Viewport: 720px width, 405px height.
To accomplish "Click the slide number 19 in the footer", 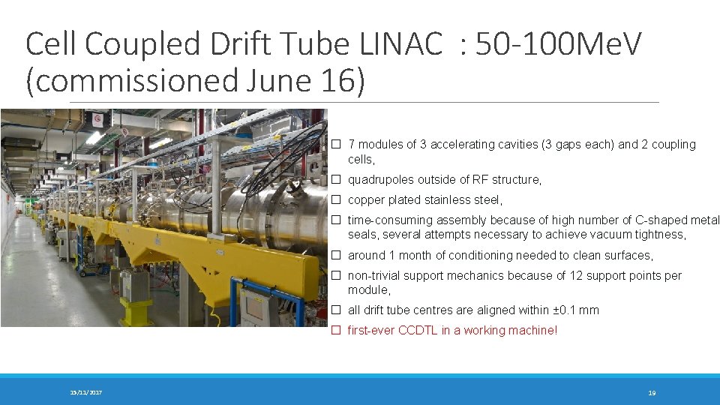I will pyautogui.click(x=652, y=393).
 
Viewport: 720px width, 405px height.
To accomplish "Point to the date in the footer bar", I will pyautogui.click(x=86, y=393).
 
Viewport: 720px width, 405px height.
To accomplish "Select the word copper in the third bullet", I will pyautogui.click(x=366, y=200).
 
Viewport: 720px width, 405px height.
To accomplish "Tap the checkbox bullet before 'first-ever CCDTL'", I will pyautogui.click(x=337, y=331).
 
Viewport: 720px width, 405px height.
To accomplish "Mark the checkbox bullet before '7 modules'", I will pyautogui.click(x=337, y=145).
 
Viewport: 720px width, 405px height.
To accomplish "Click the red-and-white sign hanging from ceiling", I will pyautogui.click(x=97, y=118).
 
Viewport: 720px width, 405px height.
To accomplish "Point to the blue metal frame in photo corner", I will pyautogui.click(x=255, y=300).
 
